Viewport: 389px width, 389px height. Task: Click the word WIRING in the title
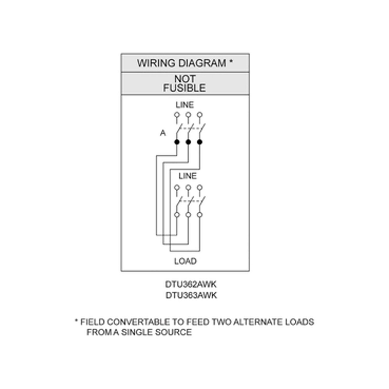point(150,63)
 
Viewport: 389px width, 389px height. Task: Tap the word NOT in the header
point(185,79)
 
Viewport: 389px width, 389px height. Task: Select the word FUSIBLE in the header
point(184,88)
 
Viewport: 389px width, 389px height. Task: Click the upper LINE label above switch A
point(184,105)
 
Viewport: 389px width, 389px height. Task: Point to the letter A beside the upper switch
point(163,133)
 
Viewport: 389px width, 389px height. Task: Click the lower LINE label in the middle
point(187,176)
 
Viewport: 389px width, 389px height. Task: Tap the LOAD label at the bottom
point(185,261)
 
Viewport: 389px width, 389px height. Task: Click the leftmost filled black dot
point(177,142)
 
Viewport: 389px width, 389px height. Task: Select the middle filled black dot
point(188,142)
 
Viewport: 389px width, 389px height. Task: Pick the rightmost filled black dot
point(200,142)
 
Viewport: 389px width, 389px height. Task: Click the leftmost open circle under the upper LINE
point(177,114)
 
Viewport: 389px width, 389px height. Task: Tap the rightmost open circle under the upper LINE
point(200,114)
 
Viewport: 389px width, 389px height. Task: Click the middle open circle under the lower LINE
point(188,187)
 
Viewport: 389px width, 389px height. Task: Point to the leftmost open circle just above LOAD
point(177,215)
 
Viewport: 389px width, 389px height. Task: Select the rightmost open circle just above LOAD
point(200,215)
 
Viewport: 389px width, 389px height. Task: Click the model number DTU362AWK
point(191,285)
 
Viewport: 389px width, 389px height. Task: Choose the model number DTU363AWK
point(191,295)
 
